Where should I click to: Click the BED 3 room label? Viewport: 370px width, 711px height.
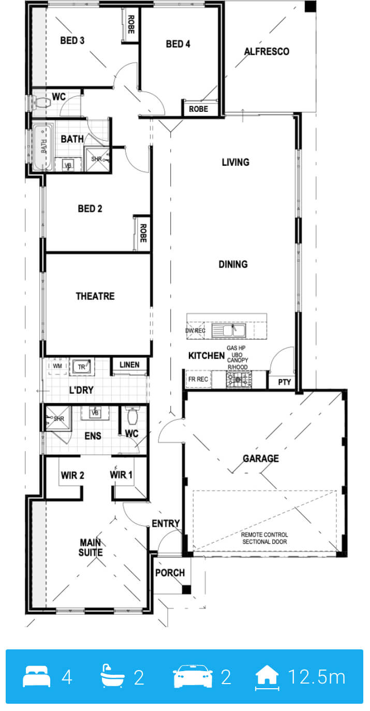(x=72, y=40)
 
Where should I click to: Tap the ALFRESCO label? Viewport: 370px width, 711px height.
(x=267, y=51)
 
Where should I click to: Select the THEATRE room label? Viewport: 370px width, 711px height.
(x=95, y=296)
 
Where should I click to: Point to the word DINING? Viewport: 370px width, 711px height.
(x=233, y=264)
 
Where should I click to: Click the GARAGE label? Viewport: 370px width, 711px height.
(x=261, y=458)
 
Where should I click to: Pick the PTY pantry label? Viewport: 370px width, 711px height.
(x=284, y=382)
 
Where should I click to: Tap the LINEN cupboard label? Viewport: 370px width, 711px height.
(x=129, y=365)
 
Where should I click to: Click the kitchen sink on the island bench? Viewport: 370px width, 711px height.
(x=229, y=330)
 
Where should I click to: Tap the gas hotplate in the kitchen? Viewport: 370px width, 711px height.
(x=239, y=380)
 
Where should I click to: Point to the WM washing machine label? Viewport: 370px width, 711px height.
(x=57, y=366)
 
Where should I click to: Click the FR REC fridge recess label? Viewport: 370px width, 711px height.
(x=198, y=379)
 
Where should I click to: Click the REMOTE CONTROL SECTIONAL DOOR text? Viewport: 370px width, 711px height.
(x=264, y=539)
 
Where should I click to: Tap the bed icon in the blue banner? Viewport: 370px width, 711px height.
(x=36, y=677)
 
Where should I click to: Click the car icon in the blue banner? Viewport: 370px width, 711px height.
(x=193, y=676)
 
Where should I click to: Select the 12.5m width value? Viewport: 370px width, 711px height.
(x=316, y=677)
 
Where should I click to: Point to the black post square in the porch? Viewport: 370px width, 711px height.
(x=186, y=590)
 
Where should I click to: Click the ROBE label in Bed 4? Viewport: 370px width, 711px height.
(x=198, y=109)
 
